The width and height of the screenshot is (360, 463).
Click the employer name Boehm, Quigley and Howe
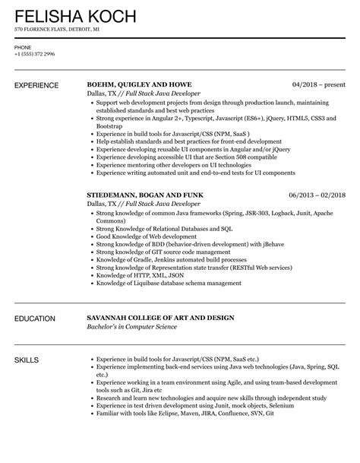[x=138, y=84]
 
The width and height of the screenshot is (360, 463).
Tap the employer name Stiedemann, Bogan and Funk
[x=144, y=195]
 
